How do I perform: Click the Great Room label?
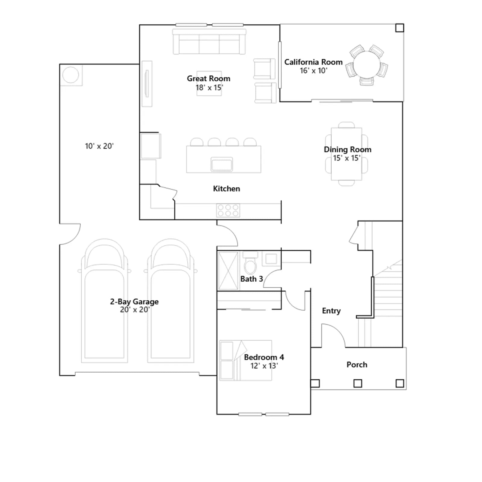pyautogui.click(x=208, y=78)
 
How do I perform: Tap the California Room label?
pyautogui.click(x=313, y=62)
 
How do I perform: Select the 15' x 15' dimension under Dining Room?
pyautogui.click(x=347, y=158)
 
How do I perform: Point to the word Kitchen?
pyautogui.click(x=227, y=189)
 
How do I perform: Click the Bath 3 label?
pyautogui.click(x=252, y=279)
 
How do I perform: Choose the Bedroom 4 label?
pyautogui.click(x=264, y=357)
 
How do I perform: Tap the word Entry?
pyautogui.click(x=331, y=311)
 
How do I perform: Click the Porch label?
pyautogui.click(x=357, y=365)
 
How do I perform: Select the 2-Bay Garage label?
pyautogui.click(x=134, y=302)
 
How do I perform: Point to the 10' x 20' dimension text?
pyautogui.click(x=99, y=146)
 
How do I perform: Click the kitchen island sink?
pyautogui.click(x=222, y=164)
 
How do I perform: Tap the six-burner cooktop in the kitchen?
pyautogui.click(x=228, y=210)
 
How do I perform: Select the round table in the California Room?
pyautogui.click(x=367, y=65)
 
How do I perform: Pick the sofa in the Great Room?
pyautogui.click(x=209, y=42)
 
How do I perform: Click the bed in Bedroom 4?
pyautogui.click(x=246, y=360)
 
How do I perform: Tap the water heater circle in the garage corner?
pyautogui.click(x=70, y=74)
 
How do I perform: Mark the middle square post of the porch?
pyautogui.click(x=358, y=383)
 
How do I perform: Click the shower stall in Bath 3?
pyautogui.click(x=228, y=271)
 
